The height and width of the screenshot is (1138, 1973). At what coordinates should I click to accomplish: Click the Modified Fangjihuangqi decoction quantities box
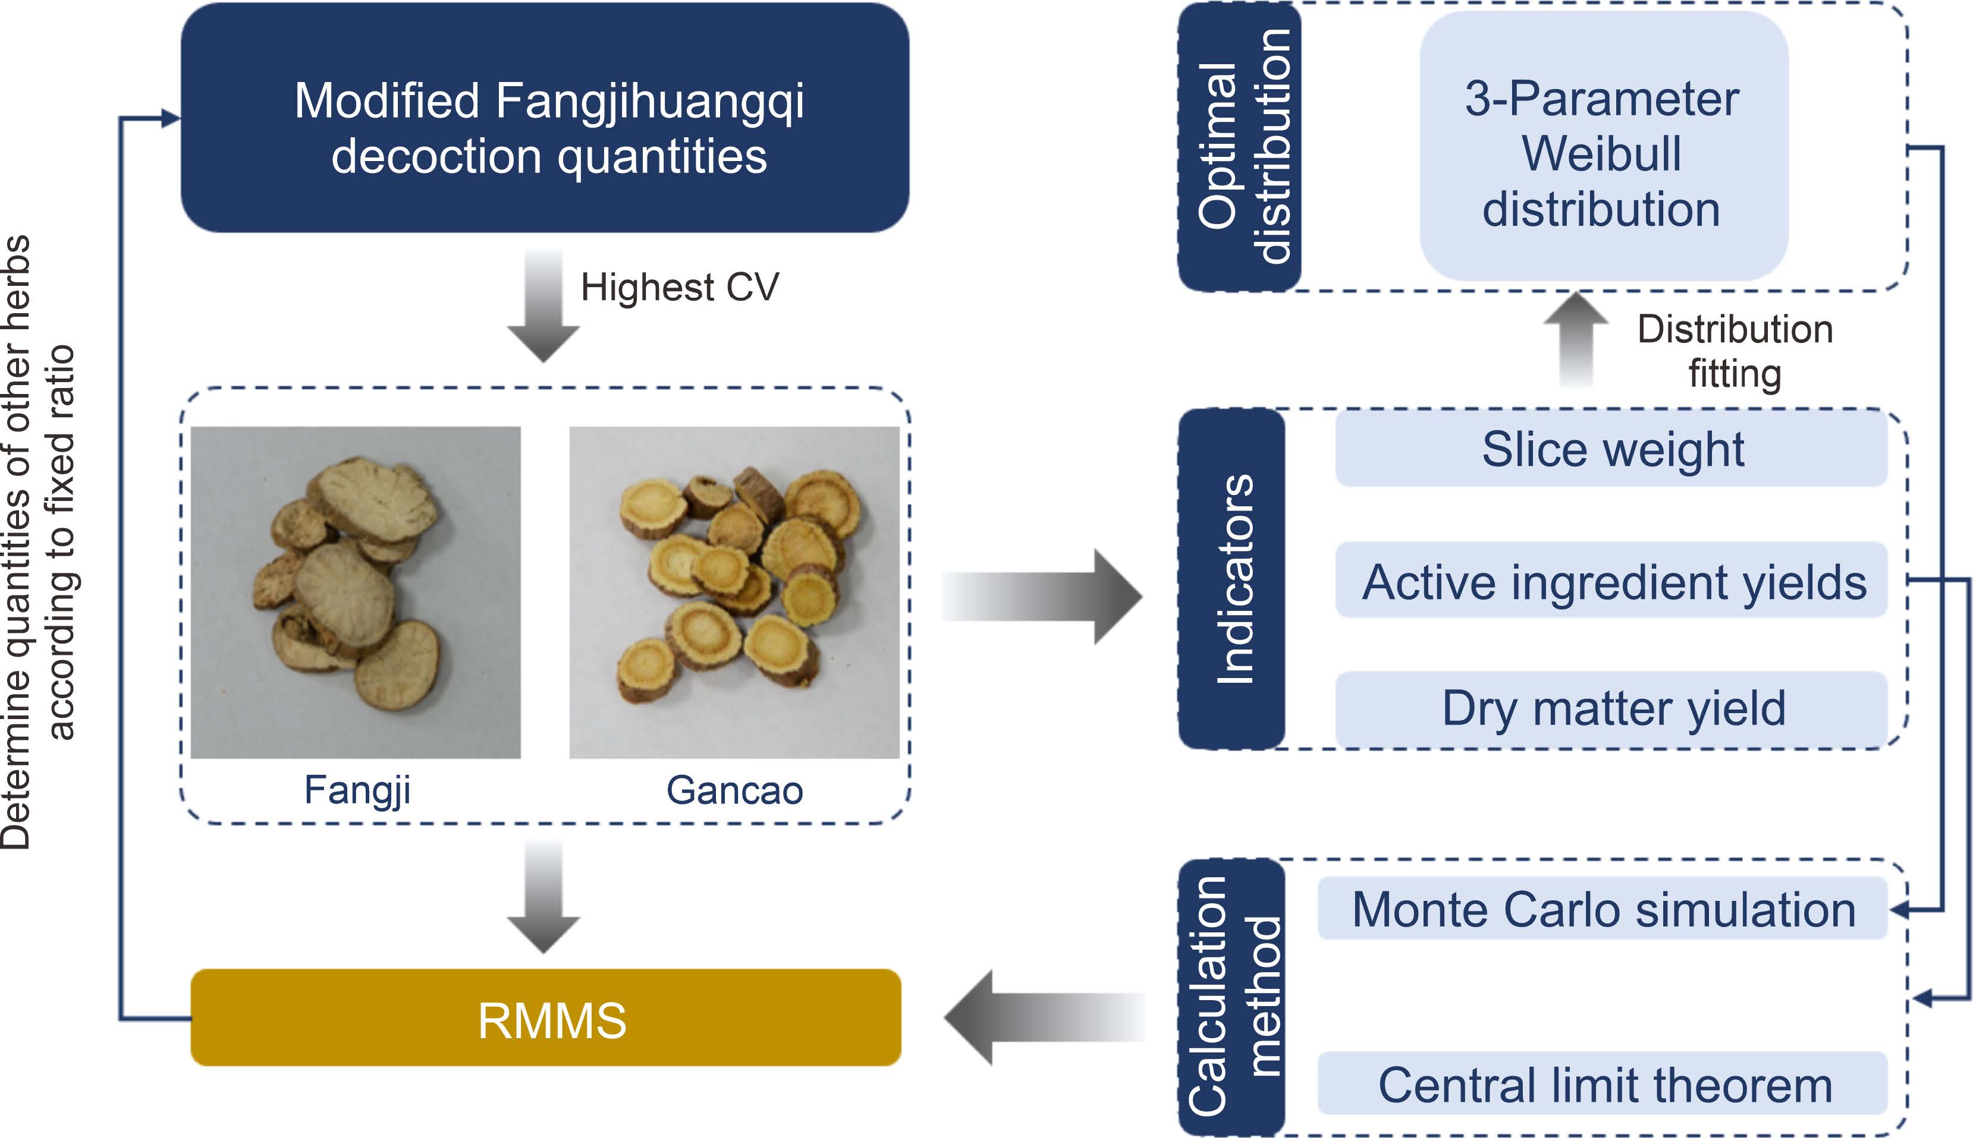click(545, 117)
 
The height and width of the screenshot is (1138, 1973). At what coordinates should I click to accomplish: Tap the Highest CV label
click(680, 287)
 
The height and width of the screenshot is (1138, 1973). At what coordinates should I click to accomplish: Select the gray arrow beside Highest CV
click(543, 305)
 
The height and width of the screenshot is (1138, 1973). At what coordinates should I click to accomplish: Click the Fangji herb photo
click(356, 592)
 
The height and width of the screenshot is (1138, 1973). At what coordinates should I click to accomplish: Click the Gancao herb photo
click(734, 592)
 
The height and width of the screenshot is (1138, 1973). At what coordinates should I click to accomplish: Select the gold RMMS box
click(546, 1017)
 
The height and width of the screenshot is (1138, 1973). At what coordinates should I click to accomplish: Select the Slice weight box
click(1611, 449)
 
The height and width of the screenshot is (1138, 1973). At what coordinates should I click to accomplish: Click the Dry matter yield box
click(1611, 708)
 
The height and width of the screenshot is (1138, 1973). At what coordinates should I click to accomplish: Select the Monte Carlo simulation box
click(1603, 909)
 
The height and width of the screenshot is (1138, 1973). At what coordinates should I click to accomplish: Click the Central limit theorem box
click(1603, 1084)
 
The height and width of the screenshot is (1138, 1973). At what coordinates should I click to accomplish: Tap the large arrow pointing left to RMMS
click(1044, 1017)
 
